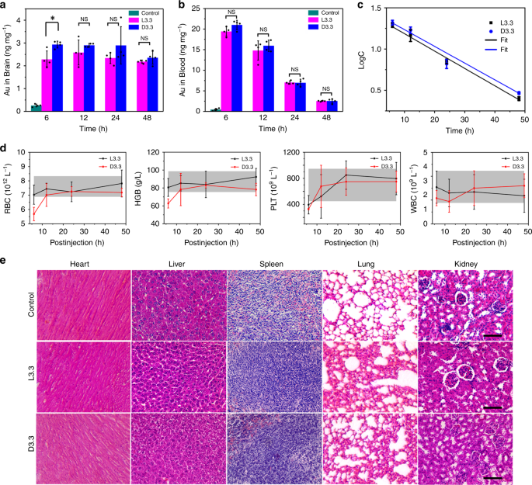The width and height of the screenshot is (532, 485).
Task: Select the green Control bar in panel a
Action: click(x=36, y=106)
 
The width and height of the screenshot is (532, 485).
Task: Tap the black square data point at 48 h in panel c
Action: click(x=518, y=99)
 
